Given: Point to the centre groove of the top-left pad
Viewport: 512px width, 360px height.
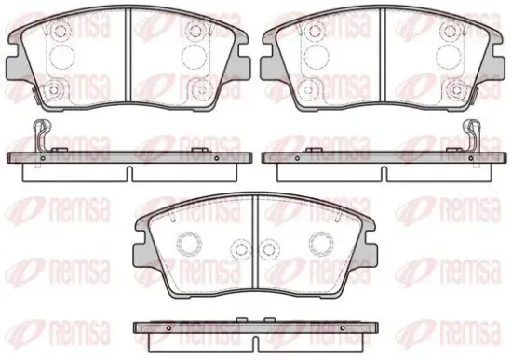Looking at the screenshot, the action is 128,55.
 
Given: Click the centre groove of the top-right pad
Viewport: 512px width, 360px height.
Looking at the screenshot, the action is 383,55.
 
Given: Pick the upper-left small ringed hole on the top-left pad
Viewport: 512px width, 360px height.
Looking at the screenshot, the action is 60,31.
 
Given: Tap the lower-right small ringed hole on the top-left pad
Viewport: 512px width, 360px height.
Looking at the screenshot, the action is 199,90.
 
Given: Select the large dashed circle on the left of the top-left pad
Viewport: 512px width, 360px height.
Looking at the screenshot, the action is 62,57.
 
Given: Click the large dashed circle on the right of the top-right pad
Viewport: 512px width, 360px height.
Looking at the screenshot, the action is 448,57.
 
